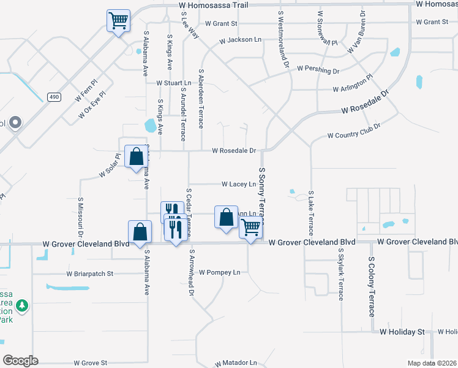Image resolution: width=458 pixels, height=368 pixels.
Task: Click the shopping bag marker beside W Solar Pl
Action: (135, 156)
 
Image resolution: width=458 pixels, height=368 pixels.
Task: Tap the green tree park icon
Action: (22, 305)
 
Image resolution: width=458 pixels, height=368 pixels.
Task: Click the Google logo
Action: (20, 360)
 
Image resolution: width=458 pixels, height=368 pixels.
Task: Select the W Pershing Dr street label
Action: (318, 71)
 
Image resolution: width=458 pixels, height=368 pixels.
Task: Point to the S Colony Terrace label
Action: (371, 286)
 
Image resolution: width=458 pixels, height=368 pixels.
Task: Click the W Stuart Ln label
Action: (174, 83)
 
